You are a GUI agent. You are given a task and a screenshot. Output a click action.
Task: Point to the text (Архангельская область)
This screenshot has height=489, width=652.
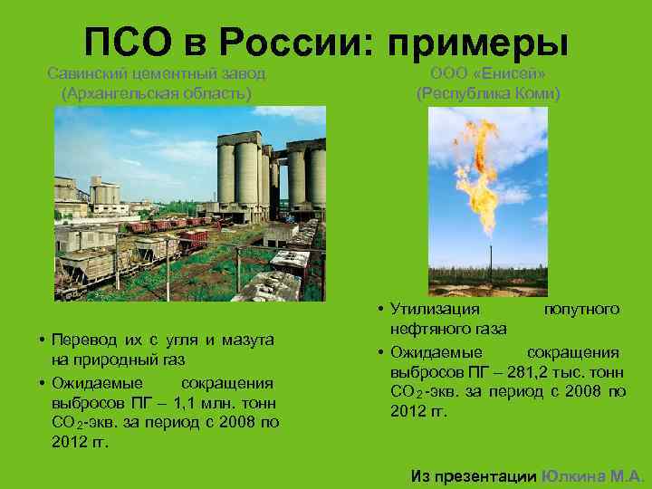tap(155, 92)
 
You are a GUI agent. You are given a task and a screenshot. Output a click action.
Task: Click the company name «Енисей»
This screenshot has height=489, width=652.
tap(515, 73)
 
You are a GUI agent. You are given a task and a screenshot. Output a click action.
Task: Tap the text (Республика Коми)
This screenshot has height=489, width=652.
tap(488, 93)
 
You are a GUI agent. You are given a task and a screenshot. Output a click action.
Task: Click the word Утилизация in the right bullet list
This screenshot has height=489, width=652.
tap(429, 310)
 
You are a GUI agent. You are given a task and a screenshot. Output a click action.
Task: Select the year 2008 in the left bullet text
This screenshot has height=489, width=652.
tap(234, 423)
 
